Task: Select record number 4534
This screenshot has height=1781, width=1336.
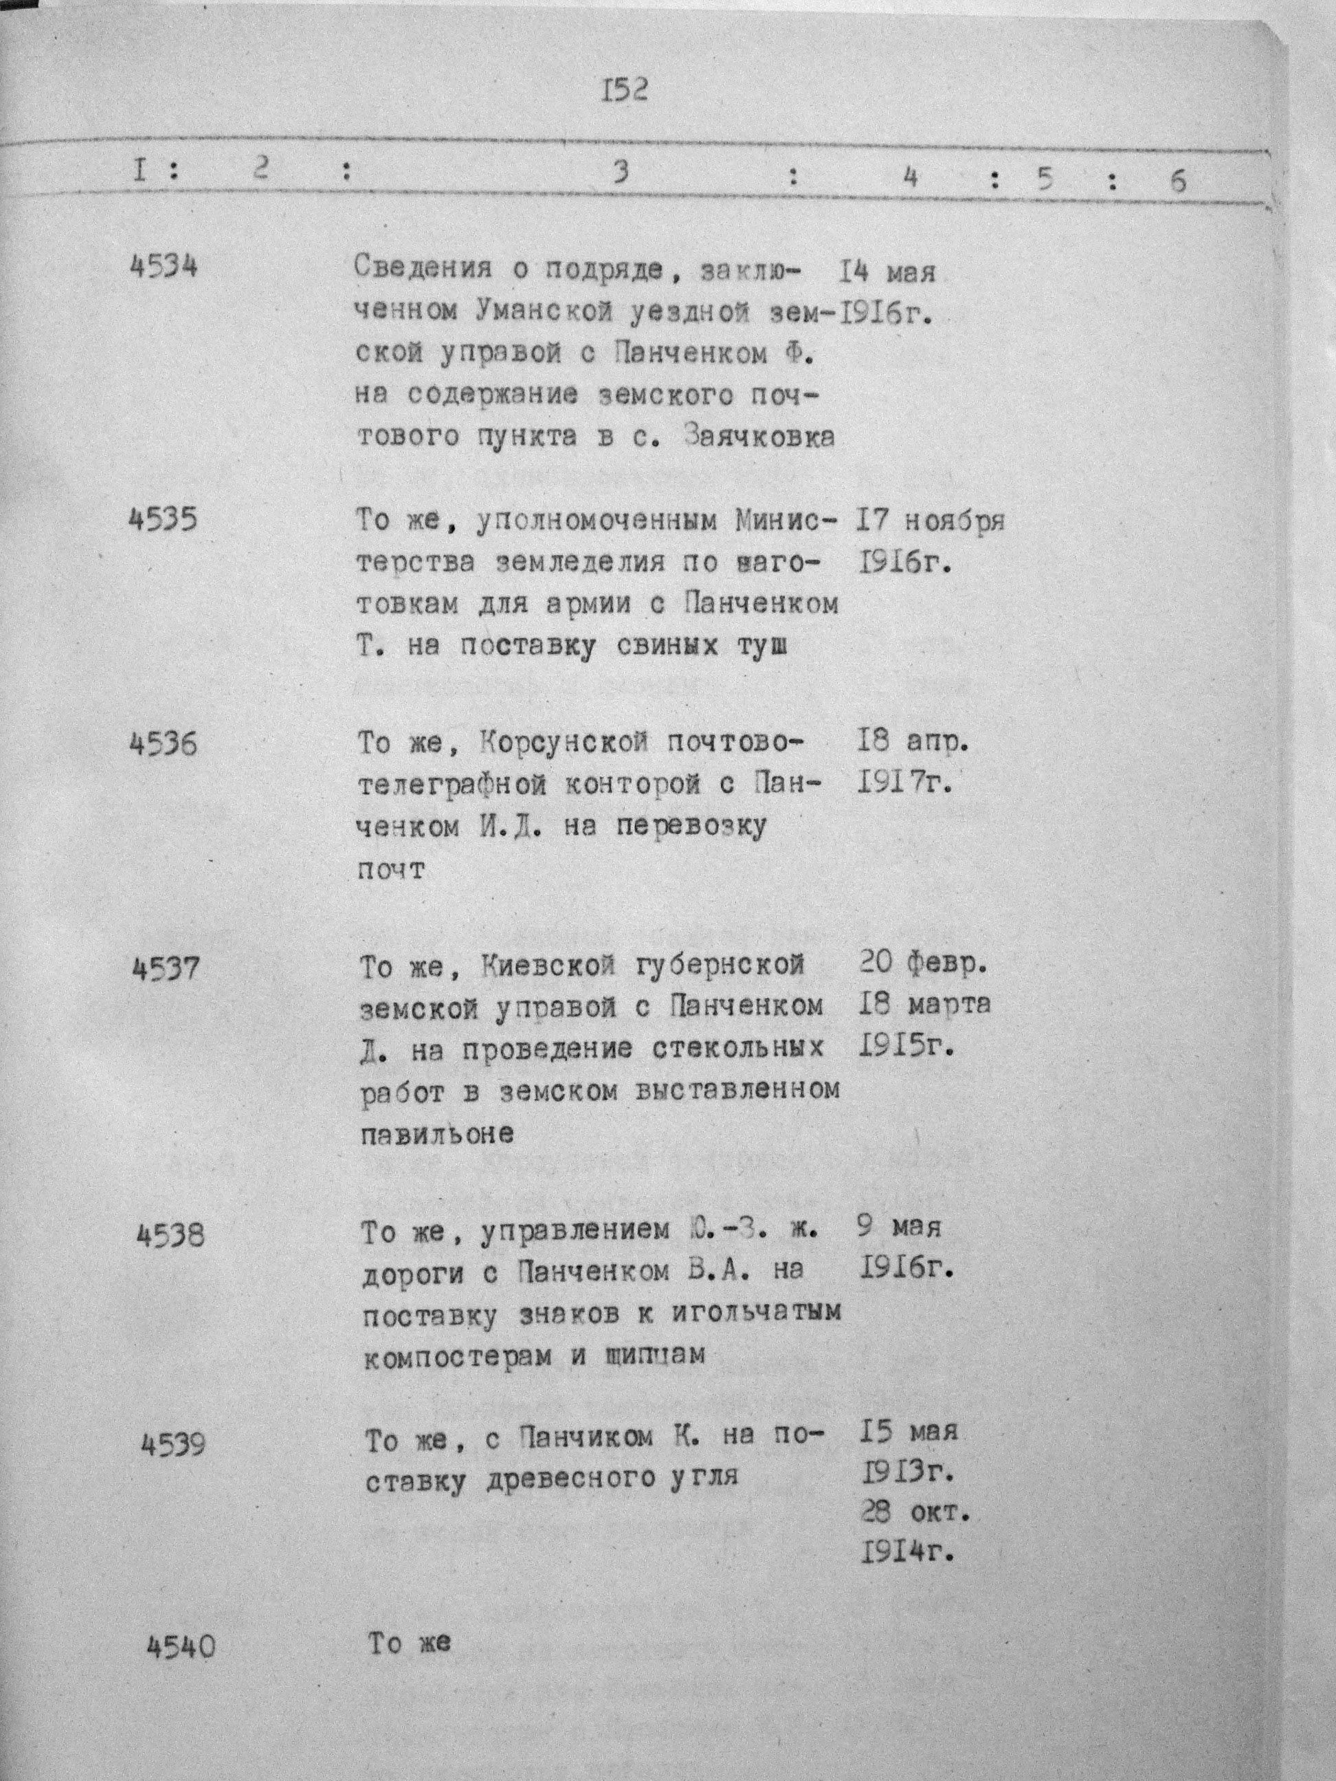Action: click(164, 265)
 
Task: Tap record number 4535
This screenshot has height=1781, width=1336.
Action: click(163, 519)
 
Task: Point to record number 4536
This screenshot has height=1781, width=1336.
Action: click(164, 743)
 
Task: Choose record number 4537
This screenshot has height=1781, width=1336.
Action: click(165, 967)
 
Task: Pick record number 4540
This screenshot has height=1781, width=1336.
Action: click(182, 1646)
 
